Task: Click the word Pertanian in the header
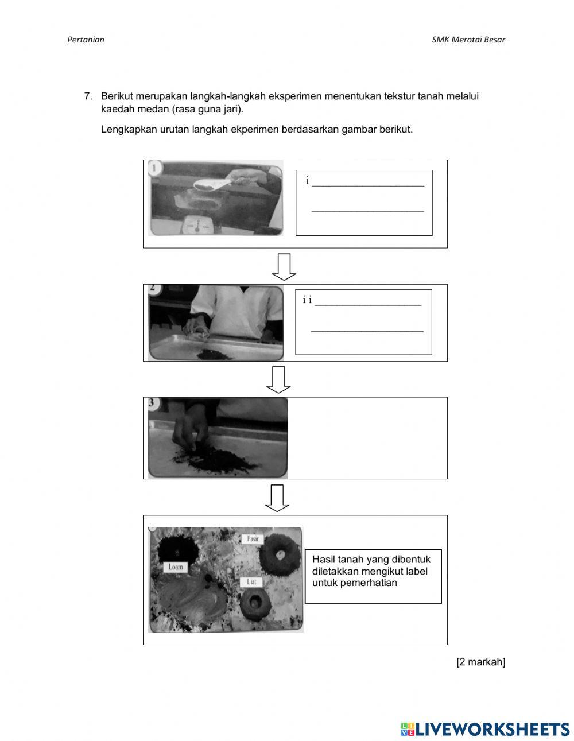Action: pos(86,40)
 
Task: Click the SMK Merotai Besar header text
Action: pos(468,40)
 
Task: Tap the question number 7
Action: pos(88,96)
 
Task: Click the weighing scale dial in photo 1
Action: pos(197,226)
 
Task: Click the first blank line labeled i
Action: pos(368,186)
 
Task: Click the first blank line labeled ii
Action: pos(368,305)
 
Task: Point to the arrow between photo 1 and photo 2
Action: pos(284,267)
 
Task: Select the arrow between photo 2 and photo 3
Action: pos(278,379)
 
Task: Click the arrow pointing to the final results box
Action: pos(277,498)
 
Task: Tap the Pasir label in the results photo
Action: pos(253,539)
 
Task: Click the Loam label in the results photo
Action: pos(176,567)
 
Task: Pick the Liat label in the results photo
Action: pos(251,582)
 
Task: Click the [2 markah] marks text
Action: pos(480,662)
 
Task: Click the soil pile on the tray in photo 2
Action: pos(214,354)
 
